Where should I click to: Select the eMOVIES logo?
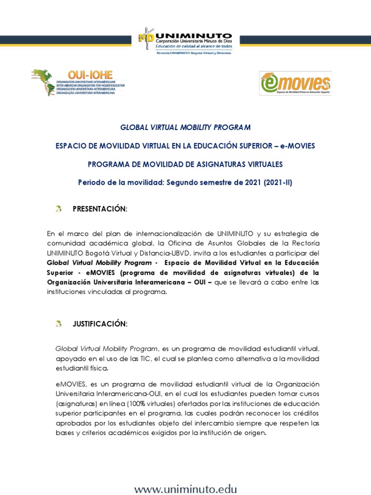[x=295, y=84]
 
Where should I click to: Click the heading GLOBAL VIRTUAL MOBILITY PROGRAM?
[x=185, y=128]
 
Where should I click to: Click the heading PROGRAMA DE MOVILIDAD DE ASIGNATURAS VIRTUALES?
[x=185, y=164]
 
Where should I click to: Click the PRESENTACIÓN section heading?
[x=100, y=209]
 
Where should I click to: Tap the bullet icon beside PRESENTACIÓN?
[x=58, y=209]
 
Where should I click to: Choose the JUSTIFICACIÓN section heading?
[x=100, y=324]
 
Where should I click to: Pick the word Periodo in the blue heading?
[x=91, y=183]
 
